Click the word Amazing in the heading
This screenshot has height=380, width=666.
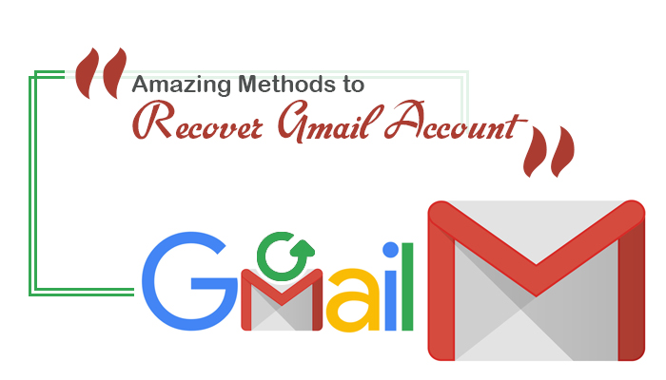pyautogui.click(x=183, y=85)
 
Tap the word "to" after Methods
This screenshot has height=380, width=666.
pyautogui.click(x=354, y=85)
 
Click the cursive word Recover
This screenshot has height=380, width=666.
pyautogui.click(x=198, y=121)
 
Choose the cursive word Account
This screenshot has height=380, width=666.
pyautogui.click(x=456, y=121)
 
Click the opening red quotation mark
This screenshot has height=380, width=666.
pyautogui.click(x=101, y=73)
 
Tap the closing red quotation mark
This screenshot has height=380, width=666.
pyautogui.click(x=549, y=151)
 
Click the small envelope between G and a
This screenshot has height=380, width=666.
pyautogui.click(x=282, y=300)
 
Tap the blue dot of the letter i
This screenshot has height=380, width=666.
pyautogui.click(x=391, y=250)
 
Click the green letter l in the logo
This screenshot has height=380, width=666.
pyautogui.click(x=407, y=286)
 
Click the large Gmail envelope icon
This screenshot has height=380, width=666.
pyautogui.click(x=536, y=281)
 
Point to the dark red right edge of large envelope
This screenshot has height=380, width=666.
pyautogui.click(x=632, y=293)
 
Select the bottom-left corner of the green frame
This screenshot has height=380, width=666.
pyautogui.click(x=29, y=294)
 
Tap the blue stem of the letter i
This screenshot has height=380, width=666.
pyautogui.click(x=391, y=299)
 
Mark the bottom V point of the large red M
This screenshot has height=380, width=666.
pyautogui.click(x=536, y=295)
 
